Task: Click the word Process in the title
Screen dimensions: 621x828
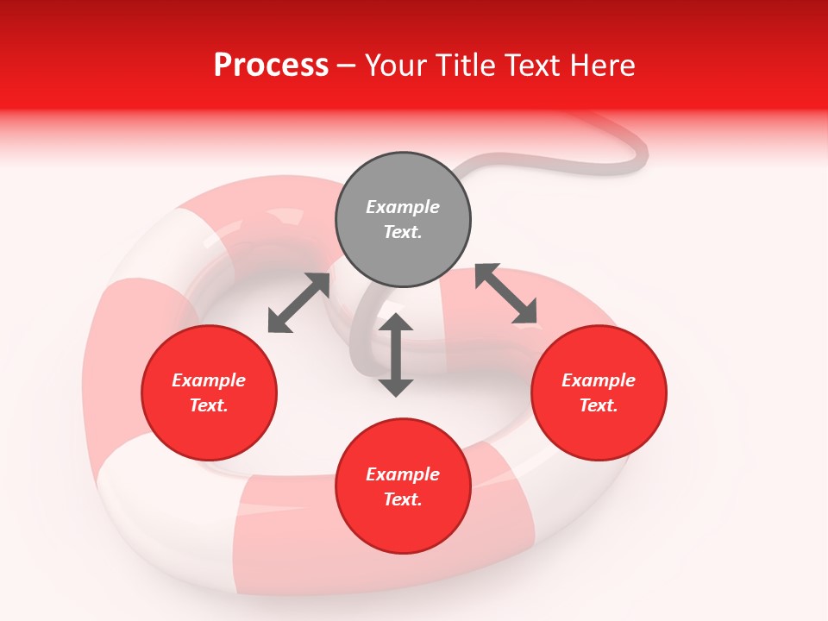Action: pyautogui.click(x=271, y=66)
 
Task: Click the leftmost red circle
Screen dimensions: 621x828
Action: pyautogui.click(x=209, y=393)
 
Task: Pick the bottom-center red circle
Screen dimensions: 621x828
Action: pyautogui.click(x=403, y=486)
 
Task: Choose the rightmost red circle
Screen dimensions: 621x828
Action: pyautogui.click(x=599, y=393)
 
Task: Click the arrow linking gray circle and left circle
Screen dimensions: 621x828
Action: pyautogui.click(x=298, y=303)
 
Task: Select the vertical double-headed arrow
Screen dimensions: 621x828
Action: pyautogui.click(x=396, y=354)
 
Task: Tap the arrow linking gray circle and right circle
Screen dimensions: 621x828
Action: pyautogui.click(x=506, y=294)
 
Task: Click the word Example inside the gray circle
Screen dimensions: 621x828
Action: pyautogui.click(x=403, y=207)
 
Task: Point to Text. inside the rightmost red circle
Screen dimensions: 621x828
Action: pyautogui.click(x=599, y=405)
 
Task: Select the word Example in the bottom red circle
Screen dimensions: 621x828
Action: pyautogui.click(x=403, y=474)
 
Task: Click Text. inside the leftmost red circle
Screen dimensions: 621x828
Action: pyautogui.click(x=209, y=405)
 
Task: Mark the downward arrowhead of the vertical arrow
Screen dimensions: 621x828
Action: pyautogui.click(x=396, y=386)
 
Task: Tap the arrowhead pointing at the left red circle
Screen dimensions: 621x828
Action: pyautogui.click(x=279, y=322)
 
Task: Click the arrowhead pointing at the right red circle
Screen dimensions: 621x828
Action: pyautogui.click(x=525, y=313)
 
